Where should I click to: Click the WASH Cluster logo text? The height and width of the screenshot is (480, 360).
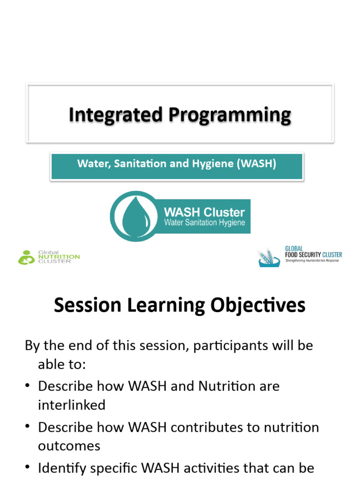(x=204, y=212)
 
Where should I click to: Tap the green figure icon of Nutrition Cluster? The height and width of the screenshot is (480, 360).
(x=25, y=257)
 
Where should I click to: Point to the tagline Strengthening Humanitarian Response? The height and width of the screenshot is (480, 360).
(x=312, y=260)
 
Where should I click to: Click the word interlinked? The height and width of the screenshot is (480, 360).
(x=71, y=405)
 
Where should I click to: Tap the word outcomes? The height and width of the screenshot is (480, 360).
(x=69, y=446)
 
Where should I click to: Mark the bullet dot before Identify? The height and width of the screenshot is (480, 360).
(x=28, y=468)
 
